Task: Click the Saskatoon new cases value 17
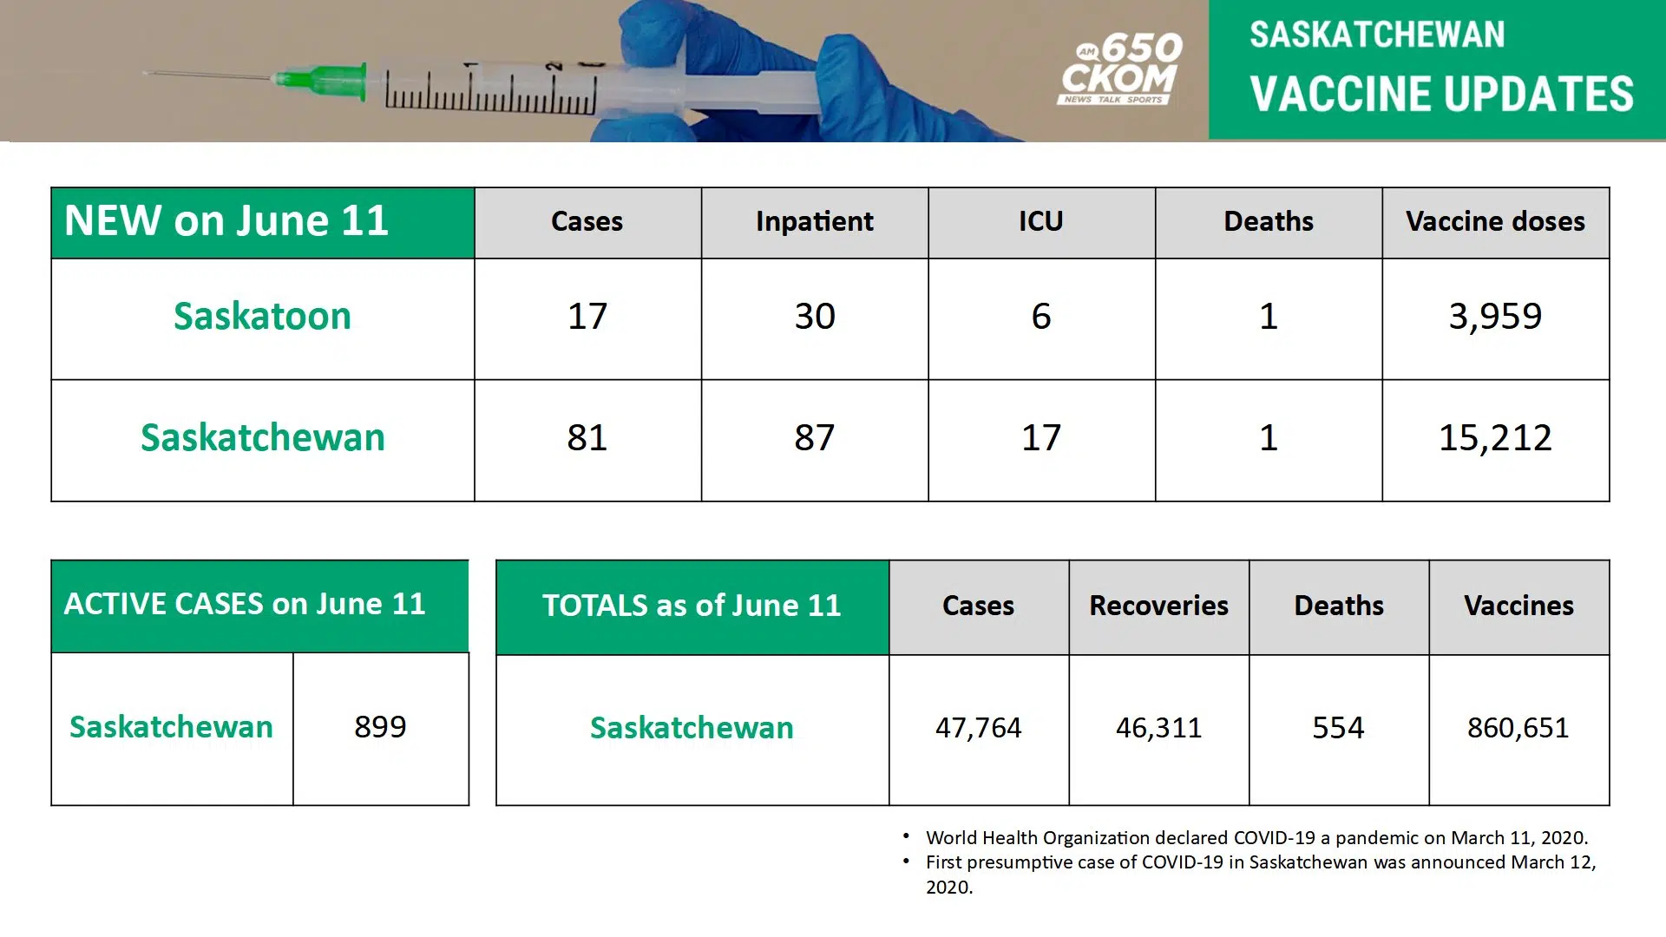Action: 587,317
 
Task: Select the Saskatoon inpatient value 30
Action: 815,317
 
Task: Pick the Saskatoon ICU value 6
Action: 1041,317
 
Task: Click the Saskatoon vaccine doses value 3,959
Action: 1495,317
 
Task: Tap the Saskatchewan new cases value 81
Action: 587,438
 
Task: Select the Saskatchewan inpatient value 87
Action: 815,438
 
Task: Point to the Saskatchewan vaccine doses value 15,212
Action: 1495,438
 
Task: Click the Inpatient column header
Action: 815,222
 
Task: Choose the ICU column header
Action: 1041,222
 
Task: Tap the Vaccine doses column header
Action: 1495,222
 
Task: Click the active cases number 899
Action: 380,727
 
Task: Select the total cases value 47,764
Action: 979,728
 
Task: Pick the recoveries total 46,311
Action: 1159,728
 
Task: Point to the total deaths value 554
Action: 1338,728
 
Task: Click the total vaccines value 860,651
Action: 1518,728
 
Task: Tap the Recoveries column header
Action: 1159,606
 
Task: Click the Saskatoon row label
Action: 262,317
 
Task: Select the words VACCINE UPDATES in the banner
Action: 1441,95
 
